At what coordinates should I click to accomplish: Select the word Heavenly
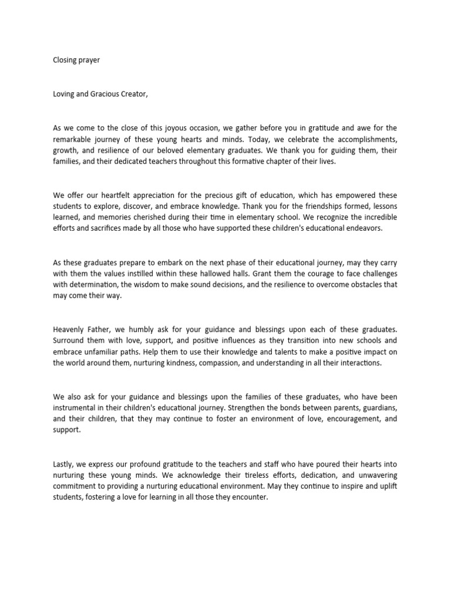(x=69, y=329)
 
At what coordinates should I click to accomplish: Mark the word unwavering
(x=375, y=474)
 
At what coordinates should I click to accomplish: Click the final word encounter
(x=250, y=497)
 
